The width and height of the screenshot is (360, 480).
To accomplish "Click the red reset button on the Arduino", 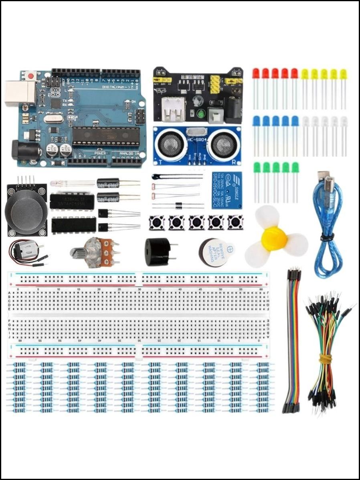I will tap(31, 75).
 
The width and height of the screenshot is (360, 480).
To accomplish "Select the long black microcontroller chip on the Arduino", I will tap(106, 135).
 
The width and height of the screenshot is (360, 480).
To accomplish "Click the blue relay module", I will tap(227, 190).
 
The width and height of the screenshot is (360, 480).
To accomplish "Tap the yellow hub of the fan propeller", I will tap(274, 239).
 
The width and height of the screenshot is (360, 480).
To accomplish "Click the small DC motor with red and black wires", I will tap(25, 251).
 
